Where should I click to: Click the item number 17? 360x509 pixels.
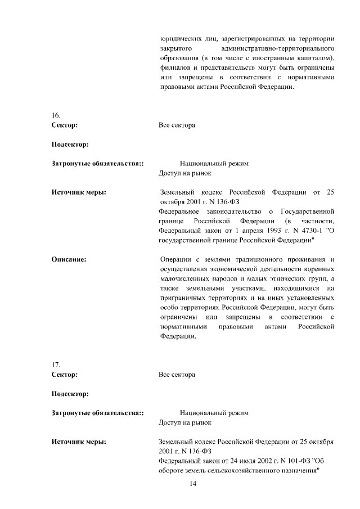pyautogui.click(x=56, y=364)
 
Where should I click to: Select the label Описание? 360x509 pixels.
pyautogui.click(x=69, y=259)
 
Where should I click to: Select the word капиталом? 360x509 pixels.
pyautogui.click(x=312, y=58)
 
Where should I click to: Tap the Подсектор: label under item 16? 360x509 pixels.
pyautogui.click(x=70, y=145)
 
